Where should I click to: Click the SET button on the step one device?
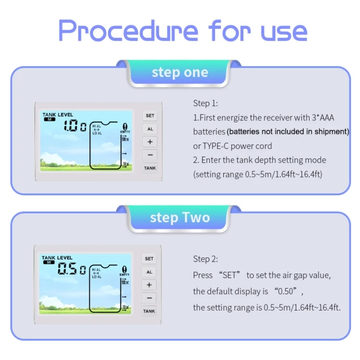tap(150, 116)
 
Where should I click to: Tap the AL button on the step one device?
tap(150, 129)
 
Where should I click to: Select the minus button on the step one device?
tap(150, 155)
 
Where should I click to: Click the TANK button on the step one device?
tap(150, 168)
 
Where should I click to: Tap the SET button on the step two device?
tap(149, 259)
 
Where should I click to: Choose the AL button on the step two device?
tap(149, 272)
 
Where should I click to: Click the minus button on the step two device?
tap(149, 298)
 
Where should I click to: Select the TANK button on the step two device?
tap(149, 311)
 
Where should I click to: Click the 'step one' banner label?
tap(180, 72)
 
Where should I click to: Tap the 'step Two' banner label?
tap(180, 217)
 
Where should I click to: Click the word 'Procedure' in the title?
tap(128, 31)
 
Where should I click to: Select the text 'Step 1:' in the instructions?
tap(205, 103)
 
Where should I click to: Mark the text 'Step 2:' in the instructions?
tap(205, 259)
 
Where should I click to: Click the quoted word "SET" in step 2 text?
tap(229, 275)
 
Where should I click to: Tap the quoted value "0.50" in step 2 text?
tap(286, 291)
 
